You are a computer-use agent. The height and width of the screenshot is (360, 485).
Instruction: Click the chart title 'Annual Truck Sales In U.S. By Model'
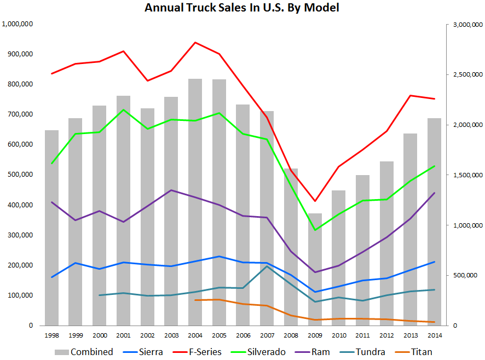pos(242,8)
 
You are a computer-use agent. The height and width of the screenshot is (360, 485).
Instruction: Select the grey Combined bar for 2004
pos(195,202)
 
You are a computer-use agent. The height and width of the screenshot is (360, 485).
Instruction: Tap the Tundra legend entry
pos(365,352)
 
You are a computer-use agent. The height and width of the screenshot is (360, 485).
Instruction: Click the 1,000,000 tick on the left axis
pos(18,24)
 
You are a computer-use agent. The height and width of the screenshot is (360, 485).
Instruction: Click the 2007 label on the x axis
pos(267,334)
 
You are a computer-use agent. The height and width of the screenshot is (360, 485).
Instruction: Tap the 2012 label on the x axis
pos(386,334)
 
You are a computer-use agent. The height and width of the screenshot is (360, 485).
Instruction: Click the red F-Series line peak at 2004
pos(195,42)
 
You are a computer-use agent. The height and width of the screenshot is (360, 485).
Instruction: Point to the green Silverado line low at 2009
pos(315,230)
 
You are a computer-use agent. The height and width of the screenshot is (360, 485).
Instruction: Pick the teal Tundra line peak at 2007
pos(267,266)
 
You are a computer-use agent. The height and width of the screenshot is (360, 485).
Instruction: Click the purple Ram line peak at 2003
pos(171,190)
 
